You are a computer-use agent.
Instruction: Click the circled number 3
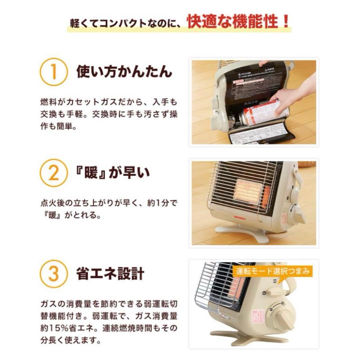click(53, 274)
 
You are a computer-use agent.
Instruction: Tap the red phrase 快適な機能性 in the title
click(231, 22)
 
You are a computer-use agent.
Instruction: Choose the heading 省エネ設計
click(110, 274)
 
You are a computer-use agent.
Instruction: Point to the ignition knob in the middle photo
click(297, 213)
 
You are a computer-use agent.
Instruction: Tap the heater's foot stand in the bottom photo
click(247, 337)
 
